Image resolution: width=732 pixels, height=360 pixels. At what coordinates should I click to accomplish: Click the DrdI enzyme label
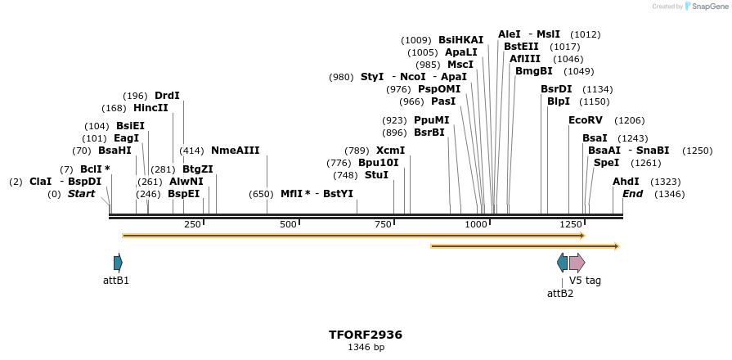point(167,96)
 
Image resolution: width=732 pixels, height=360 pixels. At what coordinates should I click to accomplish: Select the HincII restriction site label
point(150,108)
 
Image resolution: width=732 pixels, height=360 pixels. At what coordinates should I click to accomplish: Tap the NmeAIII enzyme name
point(235,151)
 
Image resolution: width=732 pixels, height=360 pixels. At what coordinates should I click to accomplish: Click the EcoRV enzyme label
point(585,120)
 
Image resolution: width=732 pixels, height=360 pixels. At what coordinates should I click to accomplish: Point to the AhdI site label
point(626,182)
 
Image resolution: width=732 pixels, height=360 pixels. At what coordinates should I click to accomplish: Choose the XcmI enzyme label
point(390,151)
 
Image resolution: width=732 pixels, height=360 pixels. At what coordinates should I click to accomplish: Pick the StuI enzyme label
point(376,175)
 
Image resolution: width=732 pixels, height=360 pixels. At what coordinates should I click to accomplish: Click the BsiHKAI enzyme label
point(460,40)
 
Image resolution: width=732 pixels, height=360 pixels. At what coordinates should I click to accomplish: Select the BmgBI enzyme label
point(533,71)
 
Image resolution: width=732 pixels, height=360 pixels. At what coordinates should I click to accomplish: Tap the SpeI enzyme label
point(606,163)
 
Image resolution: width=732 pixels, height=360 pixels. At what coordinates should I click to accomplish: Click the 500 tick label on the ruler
point(288,225)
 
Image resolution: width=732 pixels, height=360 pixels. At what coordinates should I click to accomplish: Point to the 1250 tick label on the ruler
point(570,225)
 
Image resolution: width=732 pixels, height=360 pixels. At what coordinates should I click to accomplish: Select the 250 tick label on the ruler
point(192,225)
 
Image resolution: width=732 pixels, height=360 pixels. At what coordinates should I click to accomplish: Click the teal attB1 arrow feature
point(118,263)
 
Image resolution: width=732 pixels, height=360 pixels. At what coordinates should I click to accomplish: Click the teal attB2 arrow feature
point(562,263)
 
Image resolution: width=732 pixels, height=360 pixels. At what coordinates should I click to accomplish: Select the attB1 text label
point(116,281)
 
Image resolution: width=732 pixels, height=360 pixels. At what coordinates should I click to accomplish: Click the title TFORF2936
point(366,335)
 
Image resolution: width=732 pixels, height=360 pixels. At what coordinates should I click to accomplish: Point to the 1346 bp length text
point(366,348)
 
